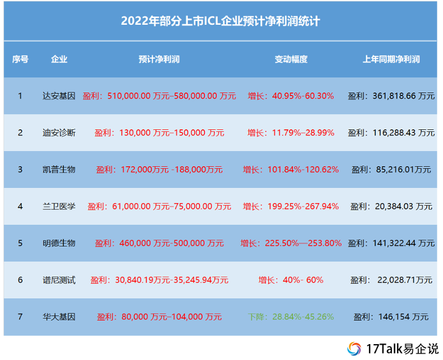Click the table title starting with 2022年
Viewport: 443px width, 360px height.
[221, 21]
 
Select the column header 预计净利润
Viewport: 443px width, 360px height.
[159, 59]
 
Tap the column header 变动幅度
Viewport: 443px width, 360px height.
[291, 59]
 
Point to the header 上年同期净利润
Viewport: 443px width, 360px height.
[391, 59]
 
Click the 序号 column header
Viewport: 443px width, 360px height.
[20, 59]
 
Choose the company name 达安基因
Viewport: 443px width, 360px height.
[59, 96]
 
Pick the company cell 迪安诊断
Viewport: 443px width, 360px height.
[59, 133]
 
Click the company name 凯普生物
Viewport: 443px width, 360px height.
[59, 169]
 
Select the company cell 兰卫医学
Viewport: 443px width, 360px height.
[59, 206]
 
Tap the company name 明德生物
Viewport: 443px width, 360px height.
[59, 243]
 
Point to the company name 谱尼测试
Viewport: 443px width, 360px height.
[59, 280]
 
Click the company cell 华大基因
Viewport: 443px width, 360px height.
[59, 317]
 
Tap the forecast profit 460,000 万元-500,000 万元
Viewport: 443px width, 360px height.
[159, 243]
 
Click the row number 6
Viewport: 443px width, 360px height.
[20, 280]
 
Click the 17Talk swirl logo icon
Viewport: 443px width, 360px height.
[354, 349]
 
